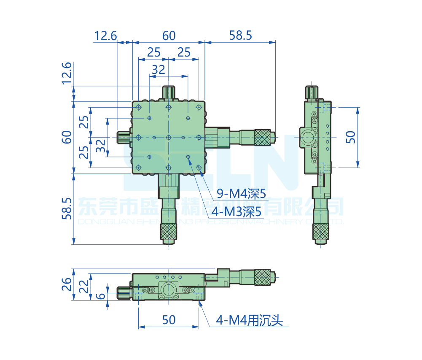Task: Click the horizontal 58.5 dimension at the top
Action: pyautogui.click(x=240, y=35)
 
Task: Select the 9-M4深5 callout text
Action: pyautogui.click(x=241, y=194)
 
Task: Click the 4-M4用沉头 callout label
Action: pyautogui.click(x=249, y=321)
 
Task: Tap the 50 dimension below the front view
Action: pyautogui.click(x=169, y=320)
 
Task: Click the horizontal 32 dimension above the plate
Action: pyautogui.click(x=158, y=70)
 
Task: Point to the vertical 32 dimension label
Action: pyautogui.click(x=100, y=146)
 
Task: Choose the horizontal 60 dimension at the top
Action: pyautogui.click(x=169, y=35)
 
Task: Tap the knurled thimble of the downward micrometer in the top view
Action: pyautogui.click(x=168, y=232)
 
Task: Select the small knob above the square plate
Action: pyautogui.click(x=168, y=92)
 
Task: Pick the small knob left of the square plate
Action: pyautogui.click(x=124, y=137)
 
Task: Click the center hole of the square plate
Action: pyautogui.click(x=168, y=137)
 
